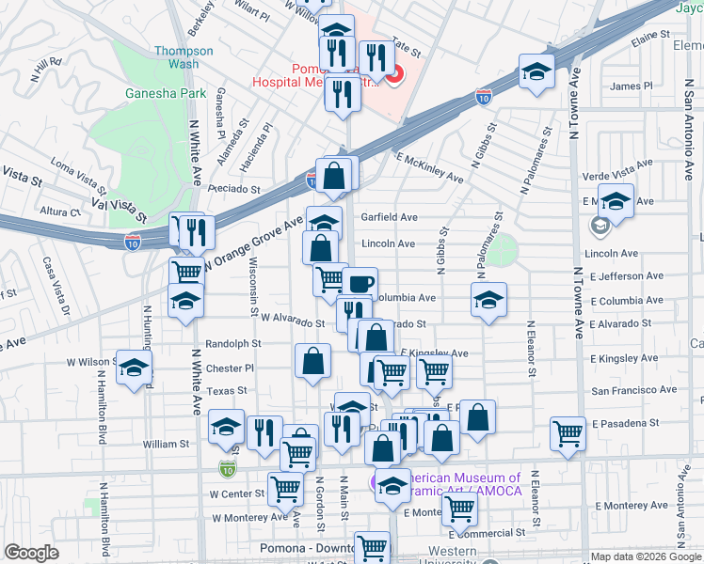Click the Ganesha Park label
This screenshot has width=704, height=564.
point(152,94)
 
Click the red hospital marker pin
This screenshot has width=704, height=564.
point(393,74)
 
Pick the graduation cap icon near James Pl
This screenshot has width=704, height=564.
point(536,72)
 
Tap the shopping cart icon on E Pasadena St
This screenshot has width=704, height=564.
point(568,433)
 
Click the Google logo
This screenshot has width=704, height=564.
point(31,553)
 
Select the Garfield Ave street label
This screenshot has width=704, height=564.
point(389,217)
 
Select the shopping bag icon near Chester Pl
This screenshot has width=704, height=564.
point(312,360)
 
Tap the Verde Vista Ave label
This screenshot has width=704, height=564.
point(617,167)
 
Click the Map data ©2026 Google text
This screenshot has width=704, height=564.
point(646,556)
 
